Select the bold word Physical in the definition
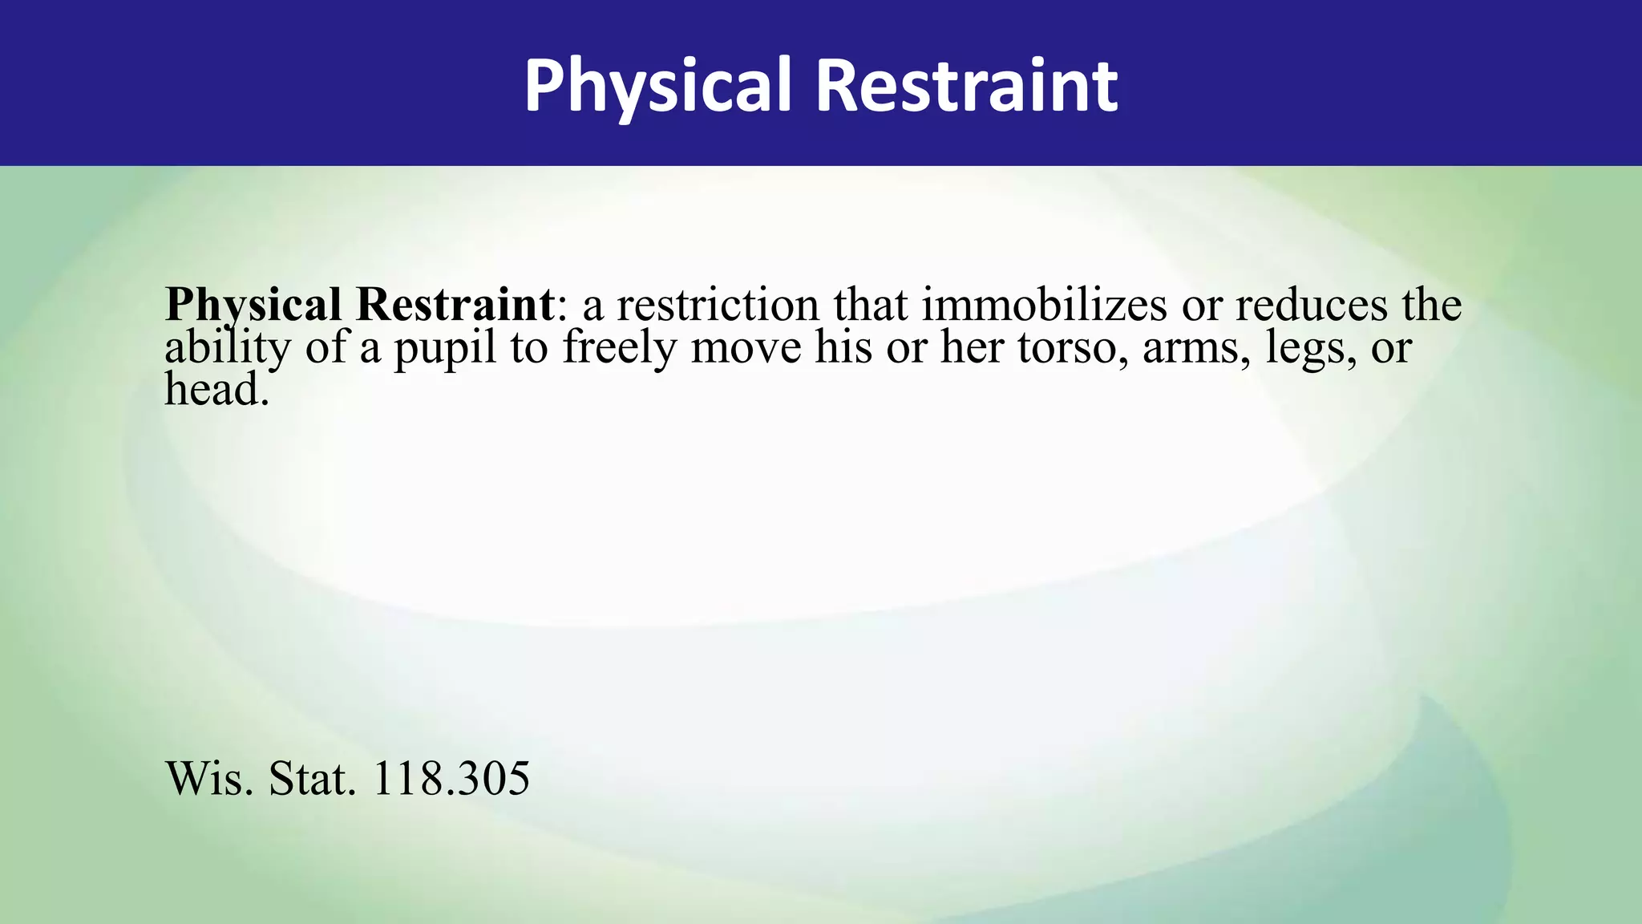pyautogui.click(x=253, y=306)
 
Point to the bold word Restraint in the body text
pyautogui.click(x=455, y=305)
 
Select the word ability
pyautogui.click(x=227, y=348)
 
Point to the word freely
pyautogui.click(x=619, y=348)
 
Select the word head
pyautogui.click(x=215, y=390)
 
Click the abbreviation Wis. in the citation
pyautogui.click(x=209, y=778)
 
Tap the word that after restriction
pyautogui.click(x=870, y=305)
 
